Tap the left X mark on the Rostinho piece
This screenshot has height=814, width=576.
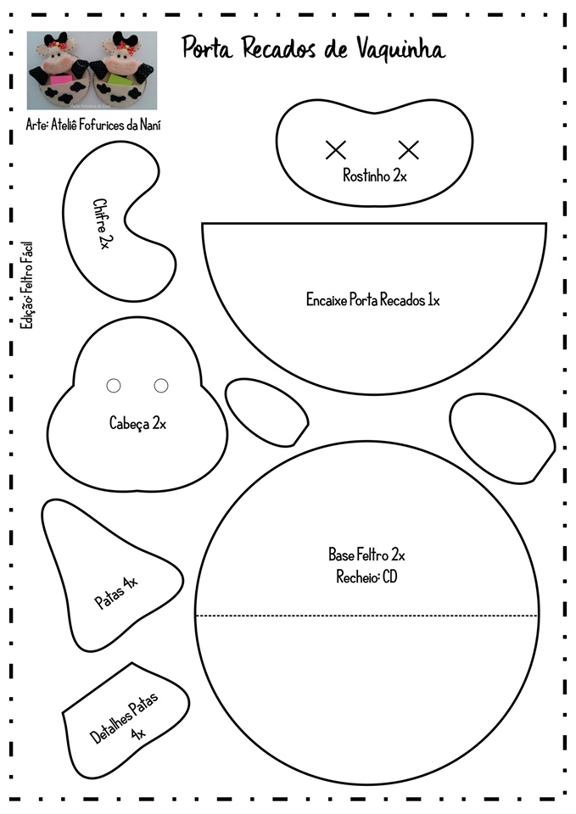point(336,150)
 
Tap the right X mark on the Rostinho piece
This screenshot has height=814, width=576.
point(409,150)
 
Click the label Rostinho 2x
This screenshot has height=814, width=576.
point(375,176)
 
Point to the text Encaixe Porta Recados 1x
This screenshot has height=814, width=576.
point(373,299)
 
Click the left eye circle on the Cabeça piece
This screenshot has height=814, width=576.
point(114,386)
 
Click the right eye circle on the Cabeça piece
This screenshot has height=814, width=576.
point(161,386)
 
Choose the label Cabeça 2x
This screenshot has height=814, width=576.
point(137,422)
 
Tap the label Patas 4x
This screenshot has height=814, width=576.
point(116,592)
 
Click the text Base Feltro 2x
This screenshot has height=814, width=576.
point(366,555)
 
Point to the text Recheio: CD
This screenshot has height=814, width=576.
point(366,577)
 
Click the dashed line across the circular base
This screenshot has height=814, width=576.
point(366,616)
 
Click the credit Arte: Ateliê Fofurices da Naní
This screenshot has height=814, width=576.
point(93,125)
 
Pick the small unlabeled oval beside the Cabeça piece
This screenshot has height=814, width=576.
point(265,410)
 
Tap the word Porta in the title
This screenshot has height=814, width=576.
point(210,49)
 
